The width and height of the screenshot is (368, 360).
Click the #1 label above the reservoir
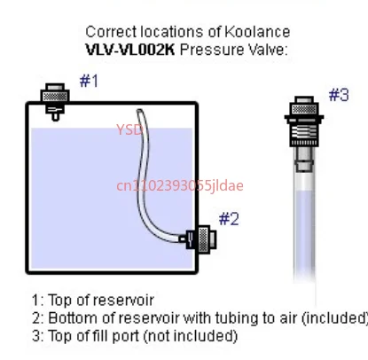89,81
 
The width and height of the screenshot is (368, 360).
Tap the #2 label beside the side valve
229,217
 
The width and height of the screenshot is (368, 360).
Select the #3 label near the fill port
339,95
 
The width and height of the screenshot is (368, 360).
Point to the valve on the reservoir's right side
200,239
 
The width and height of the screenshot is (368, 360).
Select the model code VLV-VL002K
133,49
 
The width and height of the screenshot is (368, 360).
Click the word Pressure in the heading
210,49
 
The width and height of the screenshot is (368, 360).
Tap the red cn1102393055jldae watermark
180,185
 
